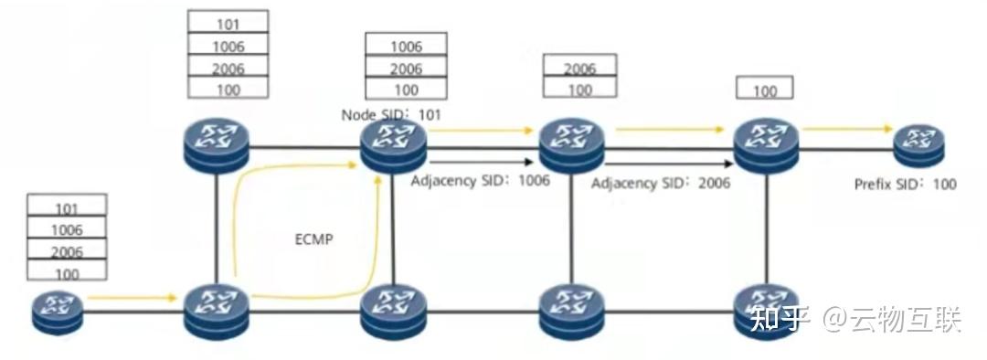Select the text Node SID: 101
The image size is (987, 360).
coord(390,114)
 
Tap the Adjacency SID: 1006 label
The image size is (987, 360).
coord(480,180)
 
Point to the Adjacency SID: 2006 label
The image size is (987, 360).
coord(661,184)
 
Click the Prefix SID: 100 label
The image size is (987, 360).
coord(906,184)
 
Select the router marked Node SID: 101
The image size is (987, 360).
coord(393,146)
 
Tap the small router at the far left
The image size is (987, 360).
coord(58,312)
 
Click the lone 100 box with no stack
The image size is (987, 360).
coord(764,90)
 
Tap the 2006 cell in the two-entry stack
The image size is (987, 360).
coord(579,68)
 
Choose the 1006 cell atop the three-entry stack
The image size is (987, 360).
coord(406,46)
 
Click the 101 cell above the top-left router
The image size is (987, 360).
coord(228,23)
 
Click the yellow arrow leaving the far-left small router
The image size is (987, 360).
coord(132,297)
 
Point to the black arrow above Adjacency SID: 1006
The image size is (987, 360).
coord(480,163)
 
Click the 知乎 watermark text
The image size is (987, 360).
coord(781,320)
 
